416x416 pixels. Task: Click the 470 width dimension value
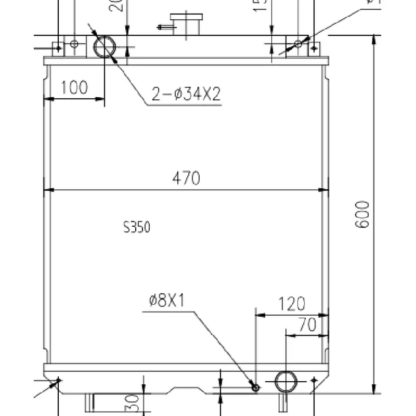186,178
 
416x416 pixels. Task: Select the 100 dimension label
74,87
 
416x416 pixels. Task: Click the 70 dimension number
307,325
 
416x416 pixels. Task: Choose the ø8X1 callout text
167,301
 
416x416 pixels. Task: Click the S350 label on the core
137,227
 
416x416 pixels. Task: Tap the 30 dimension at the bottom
132,402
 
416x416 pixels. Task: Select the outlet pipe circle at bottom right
285,381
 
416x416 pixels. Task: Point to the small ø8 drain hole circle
255,387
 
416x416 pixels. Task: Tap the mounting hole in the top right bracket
298,44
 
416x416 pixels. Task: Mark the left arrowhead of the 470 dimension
48,190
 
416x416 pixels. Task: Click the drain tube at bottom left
90,402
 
